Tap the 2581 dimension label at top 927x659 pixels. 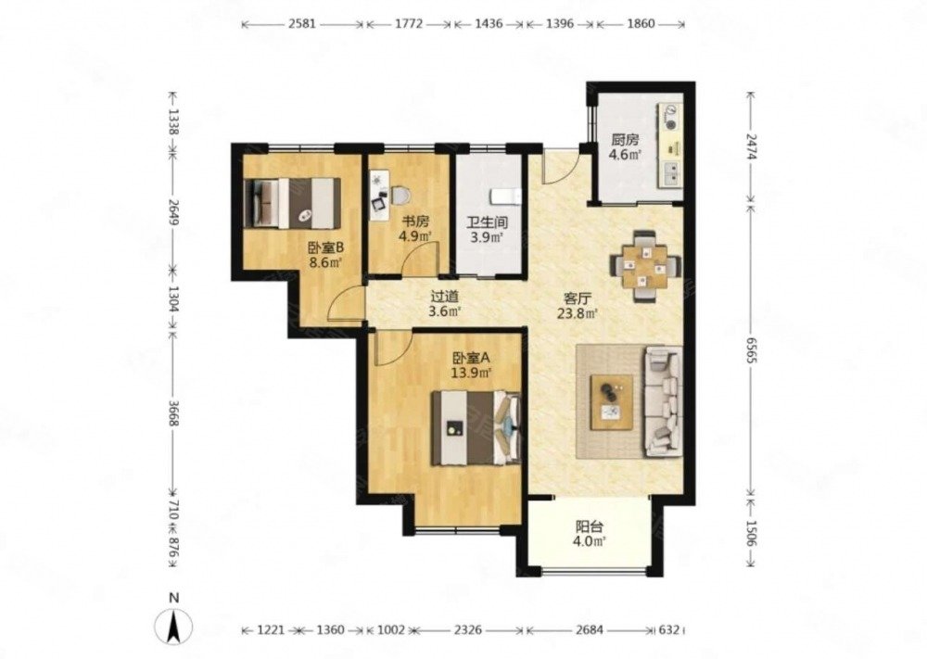click(x=303, y=24)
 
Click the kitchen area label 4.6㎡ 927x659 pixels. click(x=626, y=155)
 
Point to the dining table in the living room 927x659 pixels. click(x=644, y=267)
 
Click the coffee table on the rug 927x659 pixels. click(x=612, y=402)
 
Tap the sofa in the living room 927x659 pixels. click(x=664, y=401)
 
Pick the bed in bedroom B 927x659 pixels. click(x=292, y=203)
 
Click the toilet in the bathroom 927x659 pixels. click(x=505, y=196)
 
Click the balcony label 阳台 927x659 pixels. click(x=590, y=526)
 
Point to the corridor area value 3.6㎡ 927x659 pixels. click(x=445, y=310)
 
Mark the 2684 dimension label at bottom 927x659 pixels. click(x=590, y=630)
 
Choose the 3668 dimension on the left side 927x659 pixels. click(x=173, y=413)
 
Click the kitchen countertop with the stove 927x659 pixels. click(x=670, y=146)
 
